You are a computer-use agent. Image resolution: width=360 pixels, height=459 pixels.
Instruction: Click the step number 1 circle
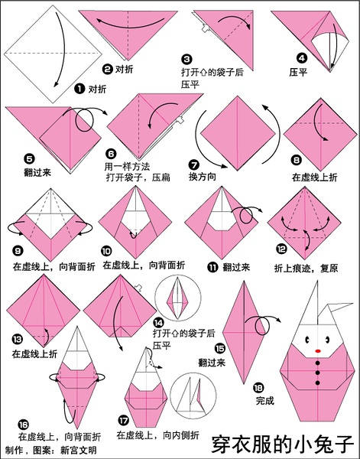(x=79, y=88)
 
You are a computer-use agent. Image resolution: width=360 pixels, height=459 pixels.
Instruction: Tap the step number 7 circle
(x=194, y=164)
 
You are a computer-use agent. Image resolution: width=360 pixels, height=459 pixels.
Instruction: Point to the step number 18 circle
(x=258, y=387)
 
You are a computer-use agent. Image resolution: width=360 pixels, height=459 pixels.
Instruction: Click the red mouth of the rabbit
(x=318, y=353)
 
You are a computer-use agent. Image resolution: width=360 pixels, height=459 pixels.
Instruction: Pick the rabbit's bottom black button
(x=318, y=389)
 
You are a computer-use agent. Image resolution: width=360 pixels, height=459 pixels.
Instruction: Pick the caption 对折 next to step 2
(x=125, y=69)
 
